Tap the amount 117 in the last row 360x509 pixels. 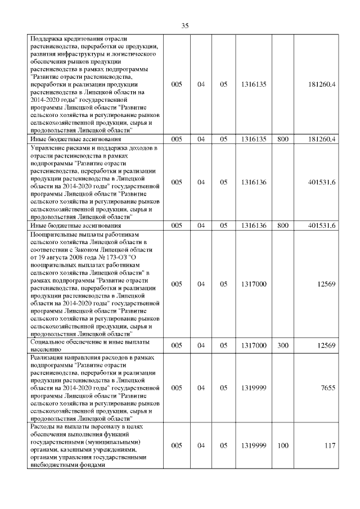pyautogui.click(x=330, y=445)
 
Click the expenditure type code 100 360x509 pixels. pyautogui.click(x=283, y=445)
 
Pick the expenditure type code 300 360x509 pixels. pyautogui.click(x=283, y=345)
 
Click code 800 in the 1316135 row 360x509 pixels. pyautogui.click(x=283, y=138)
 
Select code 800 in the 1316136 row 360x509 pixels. pyautogui.click(x=283, y=225)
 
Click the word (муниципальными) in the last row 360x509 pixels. pyautogui.click(x=111, y=442)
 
